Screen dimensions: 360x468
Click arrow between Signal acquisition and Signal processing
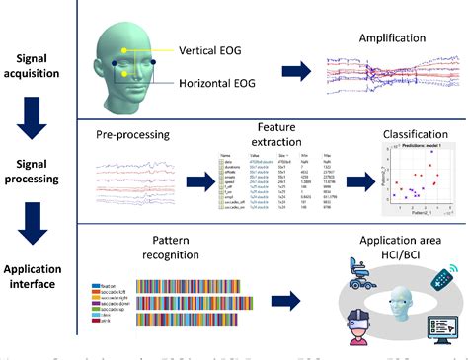click(34, 117)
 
